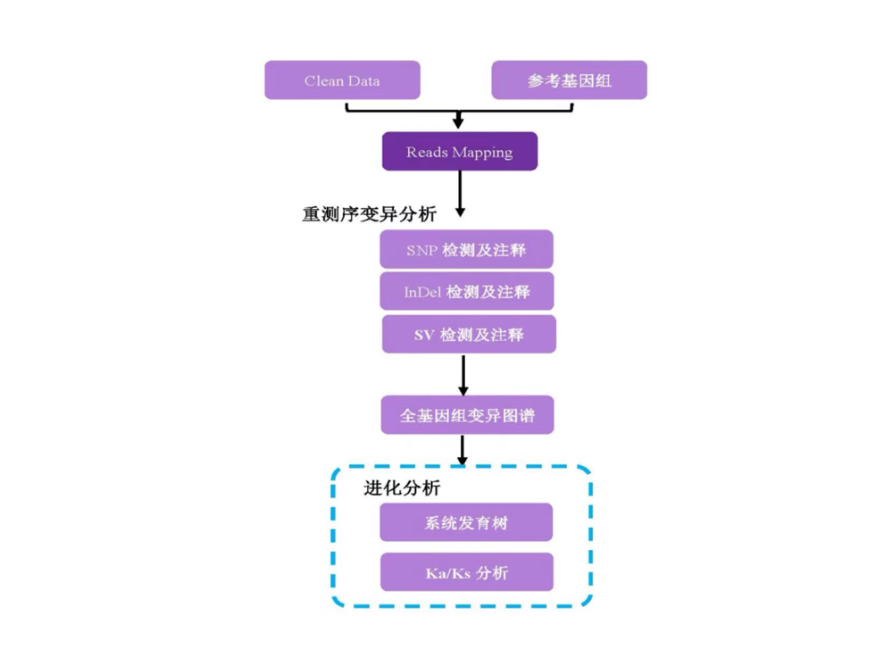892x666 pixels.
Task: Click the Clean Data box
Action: [342, 80]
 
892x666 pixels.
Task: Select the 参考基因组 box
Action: [569, 80]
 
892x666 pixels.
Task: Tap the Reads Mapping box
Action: [459, 152]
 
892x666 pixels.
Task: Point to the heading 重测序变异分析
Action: [369, 215]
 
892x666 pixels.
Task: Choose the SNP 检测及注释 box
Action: [466, 250]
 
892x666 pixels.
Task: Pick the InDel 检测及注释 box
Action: [466, 292]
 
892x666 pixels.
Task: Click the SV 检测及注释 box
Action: [469, 335]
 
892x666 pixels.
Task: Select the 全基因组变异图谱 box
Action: [467, 416]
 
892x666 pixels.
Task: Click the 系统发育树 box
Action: [466, 523]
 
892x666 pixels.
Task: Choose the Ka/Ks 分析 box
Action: [466, 572]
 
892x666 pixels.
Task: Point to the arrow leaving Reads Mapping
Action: [460, 194]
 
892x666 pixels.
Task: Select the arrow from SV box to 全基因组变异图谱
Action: [463, 375]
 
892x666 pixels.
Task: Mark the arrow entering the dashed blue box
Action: [463, 451]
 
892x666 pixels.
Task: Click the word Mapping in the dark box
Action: [482, 153]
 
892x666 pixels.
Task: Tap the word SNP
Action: [421, 251]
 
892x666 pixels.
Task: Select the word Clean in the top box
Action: [323, 81]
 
